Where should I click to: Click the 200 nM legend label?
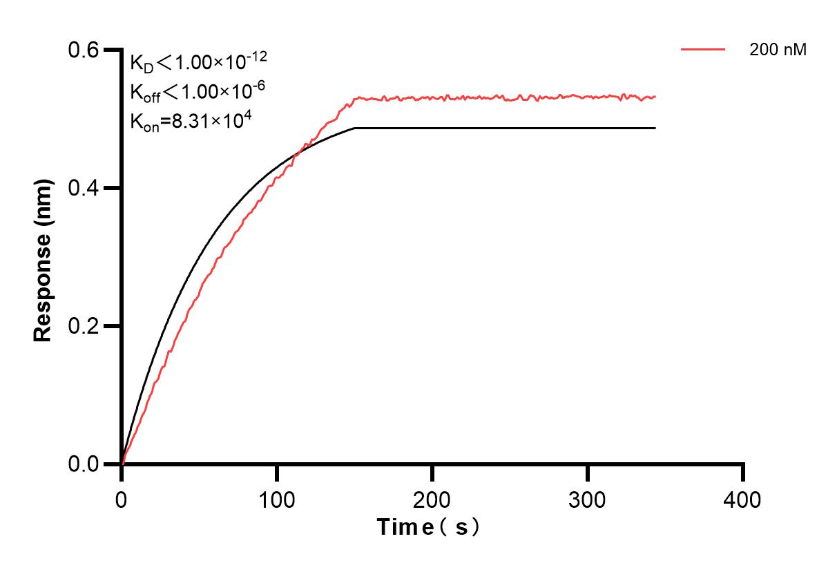(x=778, y=50)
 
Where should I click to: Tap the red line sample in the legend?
(x=702, y=50)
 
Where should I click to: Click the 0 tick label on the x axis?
(x=122, y=499)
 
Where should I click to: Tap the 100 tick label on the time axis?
(x=277, y=499)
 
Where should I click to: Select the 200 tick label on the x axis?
(x=432, y=499)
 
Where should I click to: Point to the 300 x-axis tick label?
(x=588, y=499)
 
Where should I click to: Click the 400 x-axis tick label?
(x=743, y=499)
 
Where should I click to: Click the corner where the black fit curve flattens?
(x=354, y=128)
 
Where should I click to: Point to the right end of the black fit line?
(x=655, y=128)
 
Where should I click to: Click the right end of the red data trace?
(x=655, y=97)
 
